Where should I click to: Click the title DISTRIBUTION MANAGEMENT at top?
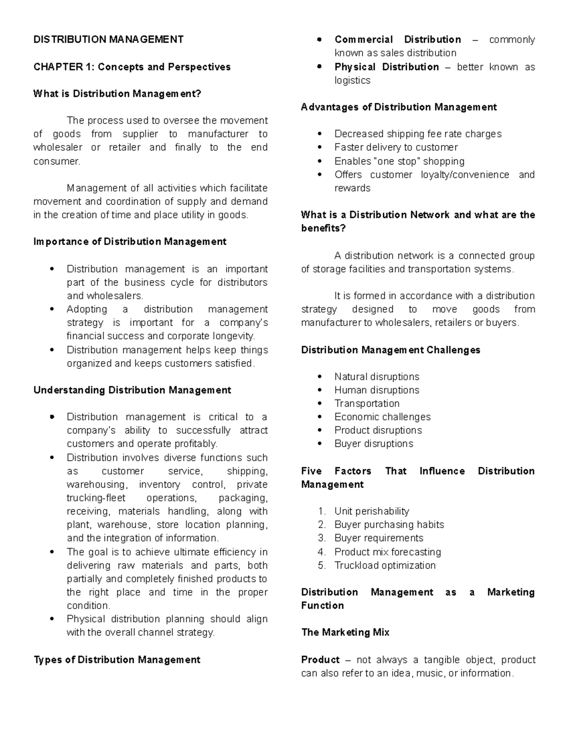coord(108,39)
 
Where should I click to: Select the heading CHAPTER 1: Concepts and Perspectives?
coord(132,67)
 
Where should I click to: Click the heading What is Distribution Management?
coord(117,94)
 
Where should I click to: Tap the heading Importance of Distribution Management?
coord(130,242)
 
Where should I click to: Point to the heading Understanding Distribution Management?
coord(132,390)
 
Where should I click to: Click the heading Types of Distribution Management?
coord(117,660)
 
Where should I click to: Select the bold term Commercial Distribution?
coord(397,39)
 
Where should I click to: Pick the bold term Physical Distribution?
coord(386,67)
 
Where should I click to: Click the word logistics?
coord(352,80)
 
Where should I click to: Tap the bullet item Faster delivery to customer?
coord(396,147)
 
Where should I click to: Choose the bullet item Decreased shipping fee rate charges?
coord(418,134)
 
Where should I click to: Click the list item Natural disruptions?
coord(376,377)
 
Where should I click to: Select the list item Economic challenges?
coord(382,417)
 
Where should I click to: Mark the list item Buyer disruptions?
coord(374,444)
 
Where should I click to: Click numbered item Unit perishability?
coord(371,511)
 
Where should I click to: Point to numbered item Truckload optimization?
coord(385,565)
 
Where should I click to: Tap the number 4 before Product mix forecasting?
coord(322,552)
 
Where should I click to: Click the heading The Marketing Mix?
coord(345,632)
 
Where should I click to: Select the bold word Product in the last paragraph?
coord(321,660)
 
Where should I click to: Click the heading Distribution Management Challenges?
coord(391,350)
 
